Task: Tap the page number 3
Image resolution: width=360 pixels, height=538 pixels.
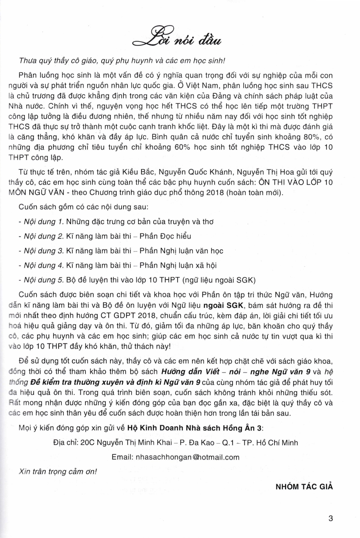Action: pyautogui.click(x=331, y=518)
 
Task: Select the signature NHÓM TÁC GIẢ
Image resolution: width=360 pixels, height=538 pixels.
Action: pyautogui.click(x=304, y=486)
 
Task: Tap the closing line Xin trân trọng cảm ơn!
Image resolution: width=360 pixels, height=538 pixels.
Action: pyautogui.click(x=57, y=472)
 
